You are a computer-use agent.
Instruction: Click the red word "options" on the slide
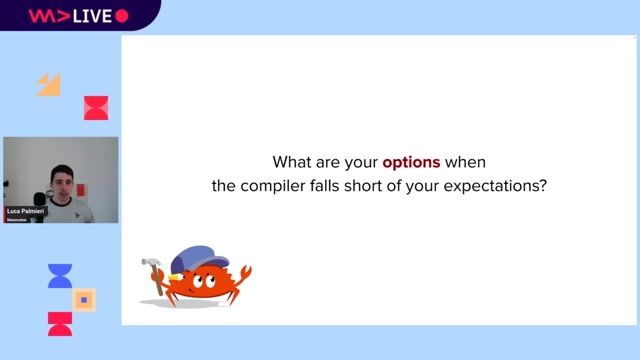coord(411,161)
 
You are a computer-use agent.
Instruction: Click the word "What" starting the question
coord(292,161)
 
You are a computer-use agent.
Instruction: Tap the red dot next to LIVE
coord(122,15)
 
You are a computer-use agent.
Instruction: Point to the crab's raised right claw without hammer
coord(240,275)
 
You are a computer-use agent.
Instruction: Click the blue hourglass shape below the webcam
coord(60,276)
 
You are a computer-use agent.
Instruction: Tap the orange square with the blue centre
coord(85,299)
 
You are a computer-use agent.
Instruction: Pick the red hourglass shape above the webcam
coord(96,108)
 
